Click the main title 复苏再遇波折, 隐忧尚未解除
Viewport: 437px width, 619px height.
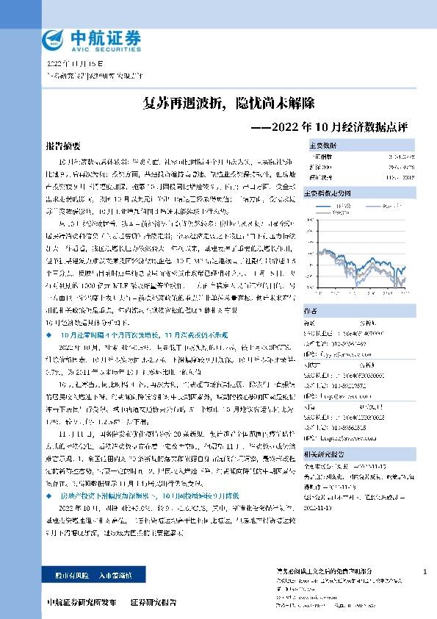[x=218, y=102]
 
